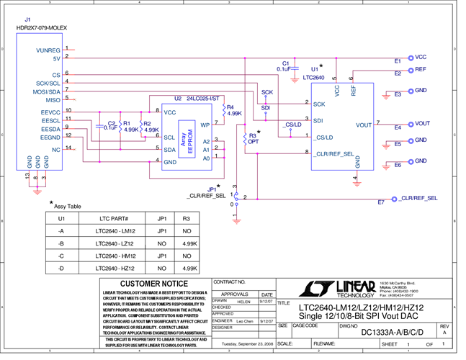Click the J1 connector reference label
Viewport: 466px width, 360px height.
tap(27, 18)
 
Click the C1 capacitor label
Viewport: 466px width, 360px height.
tap(287, 63)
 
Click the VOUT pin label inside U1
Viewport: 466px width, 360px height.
tap(364, 125)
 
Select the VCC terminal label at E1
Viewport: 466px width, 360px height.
tap(421, 56)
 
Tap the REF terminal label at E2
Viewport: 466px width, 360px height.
tap(421, 68)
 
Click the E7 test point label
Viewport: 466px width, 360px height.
tap(381, 202)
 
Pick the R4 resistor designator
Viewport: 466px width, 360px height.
tap(230, 107)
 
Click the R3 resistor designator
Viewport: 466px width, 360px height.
tap(251, 135)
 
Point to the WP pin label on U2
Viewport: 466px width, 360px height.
tap(205, 125)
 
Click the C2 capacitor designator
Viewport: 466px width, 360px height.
tap(111, 122)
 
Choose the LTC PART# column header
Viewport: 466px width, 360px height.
tap(112, 218)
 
